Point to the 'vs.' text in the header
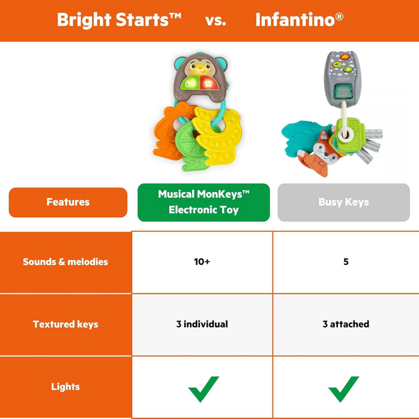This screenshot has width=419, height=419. pyautogui.click(x=215, y=21)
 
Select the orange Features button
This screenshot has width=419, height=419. pyautogui.click(x=68, y=202)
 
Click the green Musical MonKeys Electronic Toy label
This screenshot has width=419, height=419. pyautogui.click(x=203, y=202)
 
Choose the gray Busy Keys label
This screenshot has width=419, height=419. pyautogui.click(x=344, y=202)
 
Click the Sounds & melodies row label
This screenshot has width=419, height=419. pyautogui.click(x=65, y=261)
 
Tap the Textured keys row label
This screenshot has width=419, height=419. pyautogui.click(x=65, y=324)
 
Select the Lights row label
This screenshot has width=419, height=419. pyautogui.click(x=65, y=387)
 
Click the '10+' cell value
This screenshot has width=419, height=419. pyautogui.click(x=202, y=261)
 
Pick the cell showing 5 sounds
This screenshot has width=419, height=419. pyautogui.click(x=346, y=261)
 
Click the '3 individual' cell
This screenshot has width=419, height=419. pyautogui.click(x=202, y=324)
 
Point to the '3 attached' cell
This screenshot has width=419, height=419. pyautogui.click(x=346, y=324)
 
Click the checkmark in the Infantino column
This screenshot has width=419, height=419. pyautogui.click(x=344, y=389)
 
